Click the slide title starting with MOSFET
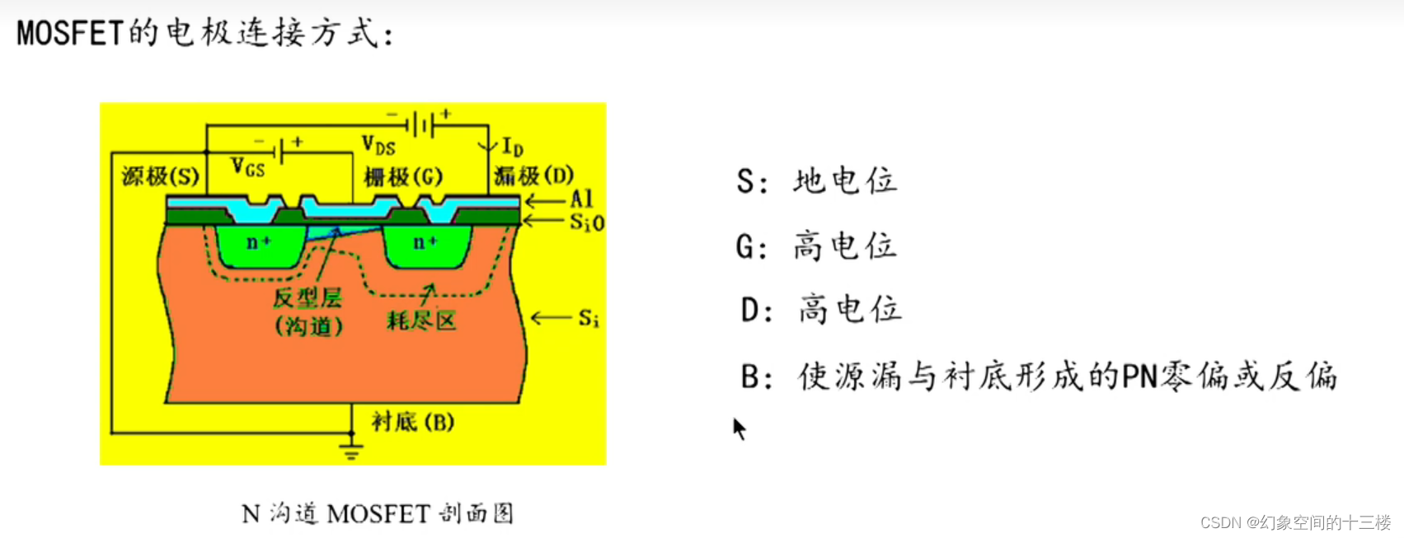pyautogui.click(x=205, y=33)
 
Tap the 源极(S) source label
pyautogui.click(x=160, y=176)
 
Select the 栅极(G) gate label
pyautogui.click(x=403, y=176)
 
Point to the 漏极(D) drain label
pyautogui.click(x=533, y=175)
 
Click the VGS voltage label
pyautogui.click(x=247, y=167)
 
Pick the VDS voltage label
pyautogui.click(x=378, y=146)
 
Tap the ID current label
pyautogui.click(x=512, y=147)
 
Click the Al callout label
pyautogui.click(x=581, y=199)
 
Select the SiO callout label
pyautogui.click(x=587, y=222)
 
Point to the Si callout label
pyautogui.click(x=588, y=318)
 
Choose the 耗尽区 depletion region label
pyautogui.click(x=421, y=320)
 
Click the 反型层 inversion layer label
pyautogui.click(x=308, y=297)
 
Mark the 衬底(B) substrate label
pyautogui.click(x=412, y=422)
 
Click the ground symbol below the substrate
pyautogui.click(x=351, y=451)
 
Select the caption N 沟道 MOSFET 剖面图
pyautogui.click(x=378, y=514)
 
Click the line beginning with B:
pyautogui.click(x=1037, y=377)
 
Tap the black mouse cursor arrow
pyautogui.click(x=739, y=428)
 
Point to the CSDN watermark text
pyautogui.click(x=1295, y=522)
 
